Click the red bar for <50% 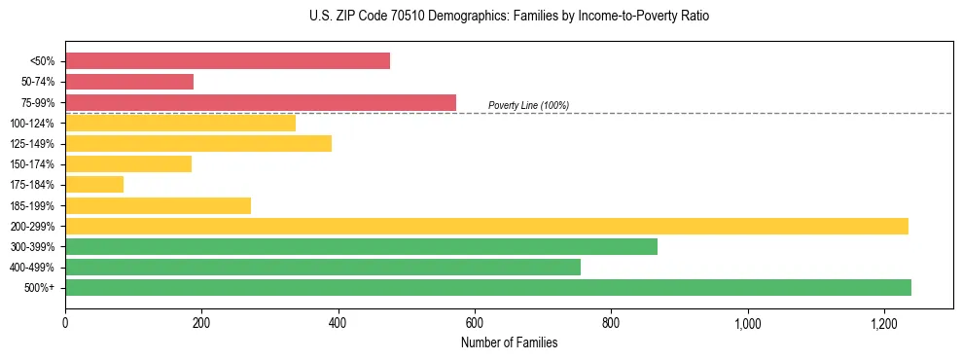tap(228, 61)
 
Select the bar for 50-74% tap(129, 82)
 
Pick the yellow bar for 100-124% tap(180, 123)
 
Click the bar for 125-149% tap(198, 144)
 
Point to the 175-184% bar tap(94, 185)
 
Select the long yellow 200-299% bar tap(486, 226)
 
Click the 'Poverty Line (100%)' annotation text tap(528, 105)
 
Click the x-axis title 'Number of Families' tap(509, 342)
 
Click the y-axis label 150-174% tap(32, 164)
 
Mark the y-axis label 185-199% tap(32, 205)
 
